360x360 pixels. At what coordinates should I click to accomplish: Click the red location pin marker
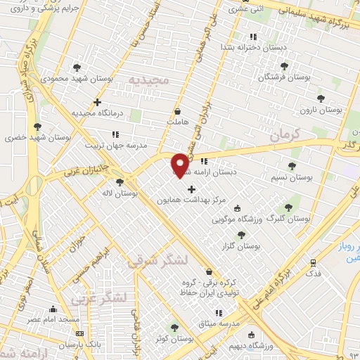point(180,164)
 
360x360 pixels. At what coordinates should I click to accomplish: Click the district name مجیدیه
point(148,82)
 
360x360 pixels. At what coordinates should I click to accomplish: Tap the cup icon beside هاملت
point(176,111)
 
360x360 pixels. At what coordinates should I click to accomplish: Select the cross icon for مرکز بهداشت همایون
point(191,189)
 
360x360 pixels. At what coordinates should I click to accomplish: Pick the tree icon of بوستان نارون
point(321,98)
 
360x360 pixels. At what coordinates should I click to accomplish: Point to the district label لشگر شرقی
point(159,261)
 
